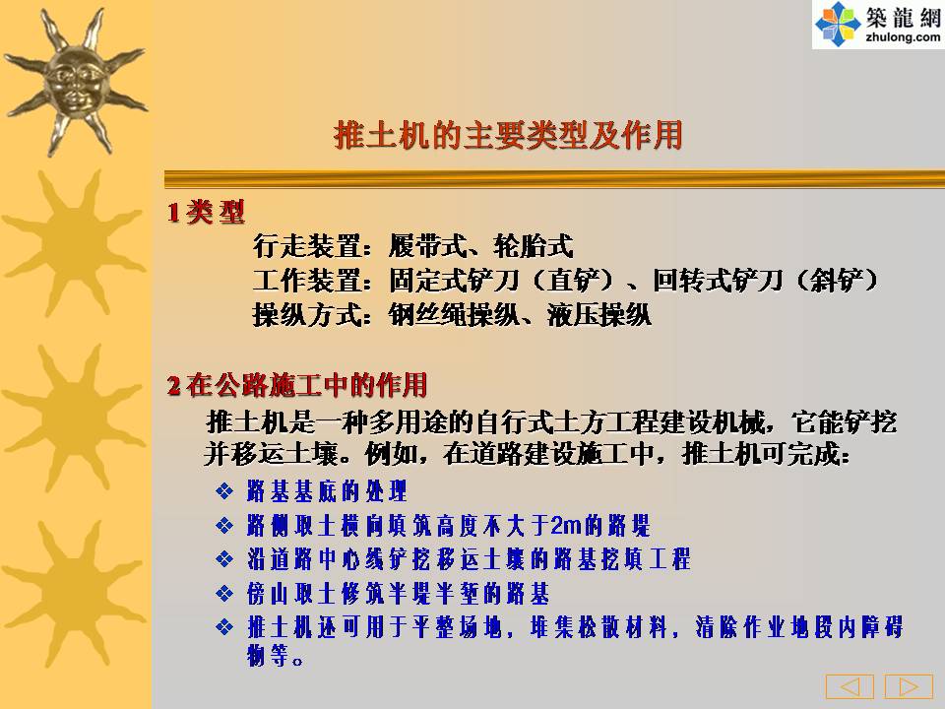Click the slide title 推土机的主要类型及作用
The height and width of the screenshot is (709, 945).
pyautogui.click(x=508, y=135)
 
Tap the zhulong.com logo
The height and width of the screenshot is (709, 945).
pyautogui.click(x=878, y=24)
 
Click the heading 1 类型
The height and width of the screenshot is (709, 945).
pyautogui.click(x=206, y=212)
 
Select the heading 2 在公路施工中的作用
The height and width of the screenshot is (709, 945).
pyautogui.click(x=297, y=385)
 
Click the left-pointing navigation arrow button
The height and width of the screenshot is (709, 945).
pyautogui.click(x=850, y=686)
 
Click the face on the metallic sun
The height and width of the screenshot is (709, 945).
pyautogui.click(x=76, y=82)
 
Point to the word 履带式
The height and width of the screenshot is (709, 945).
pyautogui.click(x=427, y=246)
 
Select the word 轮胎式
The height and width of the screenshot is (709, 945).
pyautogui.click(x=533, y=246)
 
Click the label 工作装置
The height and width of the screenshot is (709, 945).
pyautogui.click(x=305, y=281)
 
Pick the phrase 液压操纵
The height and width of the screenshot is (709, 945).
pyautogui.click(x=598, y=315)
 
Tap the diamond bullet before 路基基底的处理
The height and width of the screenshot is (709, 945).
pyautogui.click(x=224, y=491)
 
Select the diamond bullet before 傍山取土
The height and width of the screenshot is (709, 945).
pyautogui.click(x=224, y=594)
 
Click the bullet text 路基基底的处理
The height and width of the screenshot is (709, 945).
pyautogui.click(x=327, y=491)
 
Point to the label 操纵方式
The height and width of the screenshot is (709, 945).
pyautogui.click(x=305, y=315)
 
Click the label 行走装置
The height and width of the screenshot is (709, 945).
pyautogui.click(x=305, y=246)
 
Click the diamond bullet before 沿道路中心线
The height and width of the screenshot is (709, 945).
pyautogui.click(x=224, y=559)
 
